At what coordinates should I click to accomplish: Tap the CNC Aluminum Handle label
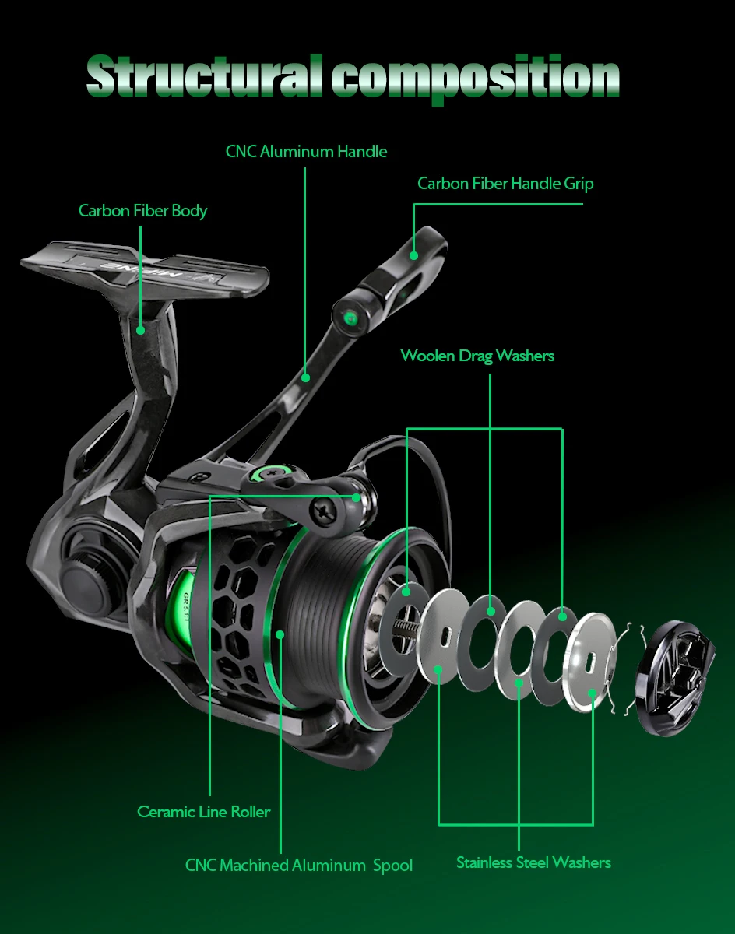click(306, 151)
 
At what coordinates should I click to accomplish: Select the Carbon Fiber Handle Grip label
click(505, 184)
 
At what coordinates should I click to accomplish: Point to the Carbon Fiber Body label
click(142, 210)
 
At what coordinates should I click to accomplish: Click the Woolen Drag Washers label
click(477, 356)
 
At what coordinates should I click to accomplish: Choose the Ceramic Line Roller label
click(204, 812)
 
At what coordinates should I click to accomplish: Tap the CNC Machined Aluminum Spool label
click(298, 865)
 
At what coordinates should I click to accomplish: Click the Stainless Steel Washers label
click(533, 862)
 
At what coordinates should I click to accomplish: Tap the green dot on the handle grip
click(414, 255)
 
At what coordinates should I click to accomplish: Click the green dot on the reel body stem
click(141, 329)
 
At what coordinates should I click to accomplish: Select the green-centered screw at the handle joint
click(350, 317)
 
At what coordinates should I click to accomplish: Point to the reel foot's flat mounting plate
click(144, 265)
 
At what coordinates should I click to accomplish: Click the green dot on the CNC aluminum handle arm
click(306, 377)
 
